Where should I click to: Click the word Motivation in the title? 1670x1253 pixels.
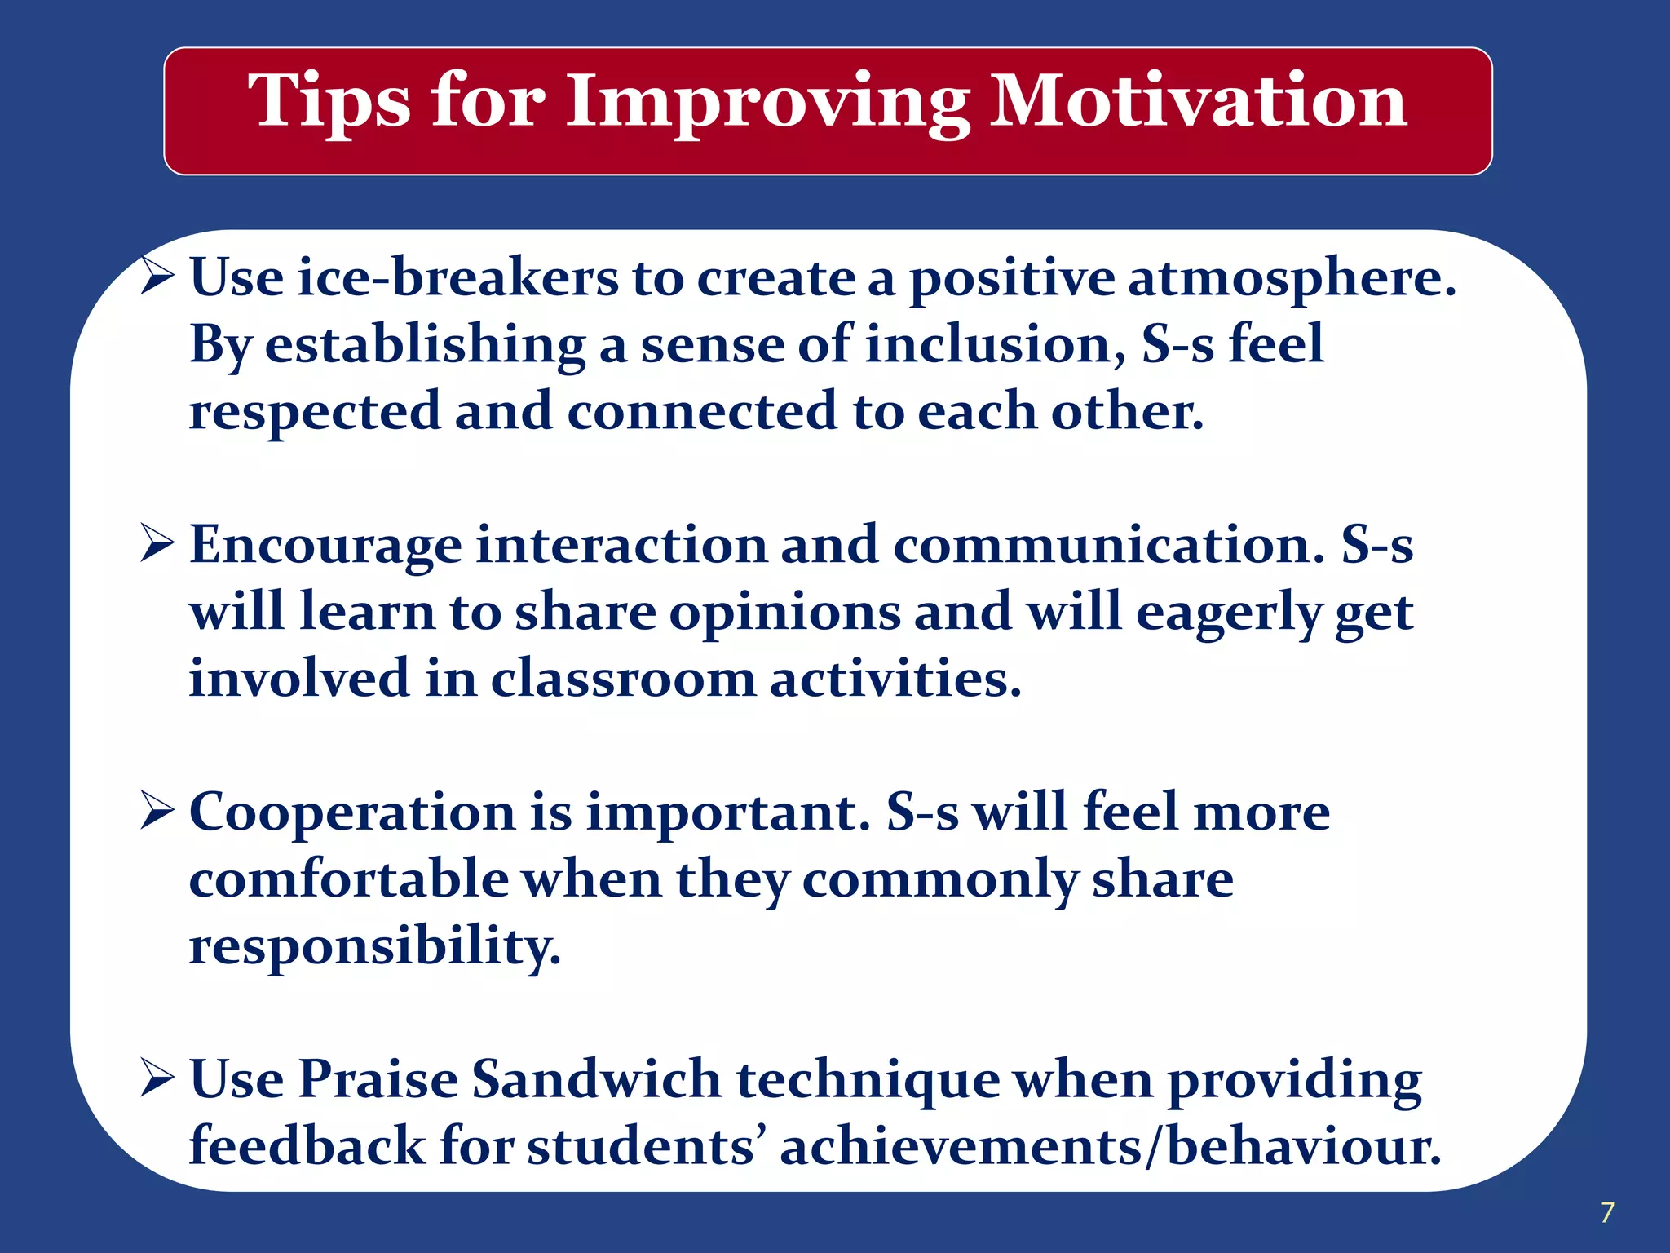point(1198,101)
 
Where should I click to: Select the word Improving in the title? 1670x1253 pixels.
point(767,103)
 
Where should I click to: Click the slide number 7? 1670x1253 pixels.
point(1606,1212)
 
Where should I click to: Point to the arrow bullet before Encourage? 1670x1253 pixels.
point(157,544)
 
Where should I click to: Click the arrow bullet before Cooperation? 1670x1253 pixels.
point(157,811)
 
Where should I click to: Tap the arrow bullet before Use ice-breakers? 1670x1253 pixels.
point(157,277)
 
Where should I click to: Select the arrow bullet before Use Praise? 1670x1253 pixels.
point(157,1078)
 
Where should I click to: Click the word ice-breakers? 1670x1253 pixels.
point(457,277)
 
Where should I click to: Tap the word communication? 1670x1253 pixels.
point(1108,545)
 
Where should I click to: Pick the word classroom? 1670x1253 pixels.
point(623,679)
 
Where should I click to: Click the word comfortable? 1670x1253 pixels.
point(348,879)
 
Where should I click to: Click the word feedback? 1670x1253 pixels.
point(307,1146)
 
